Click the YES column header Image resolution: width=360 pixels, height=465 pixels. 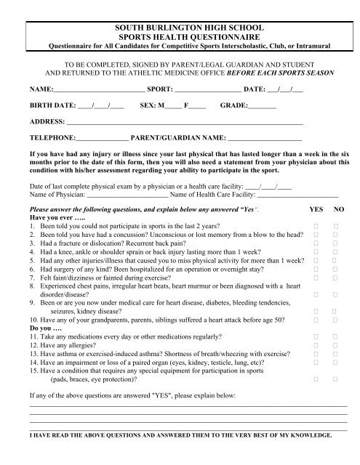(316, 208)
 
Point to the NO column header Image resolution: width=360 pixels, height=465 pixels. (338, 208)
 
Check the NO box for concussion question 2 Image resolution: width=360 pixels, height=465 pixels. (336, 235)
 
